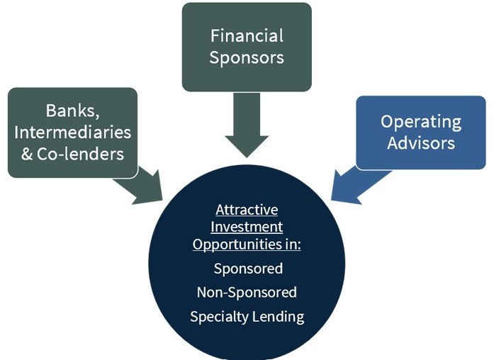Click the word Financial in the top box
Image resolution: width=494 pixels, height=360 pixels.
[247, 35]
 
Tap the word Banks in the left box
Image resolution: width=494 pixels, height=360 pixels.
[70, 111]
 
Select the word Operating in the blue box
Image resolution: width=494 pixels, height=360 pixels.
[421, 121]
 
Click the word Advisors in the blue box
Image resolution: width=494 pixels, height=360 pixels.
[421, 142]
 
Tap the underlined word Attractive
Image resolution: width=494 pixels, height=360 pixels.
[247, 210]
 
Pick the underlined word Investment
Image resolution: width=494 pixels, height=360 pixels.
[247, 227]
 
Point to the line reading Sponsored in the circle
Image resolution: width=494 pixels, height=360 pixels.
[247, 269]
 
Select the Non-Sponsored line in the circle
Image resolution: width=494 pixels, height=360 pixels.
[247, 292]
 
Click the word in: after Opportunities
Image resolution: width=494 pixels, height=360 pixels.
[292, 244]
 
